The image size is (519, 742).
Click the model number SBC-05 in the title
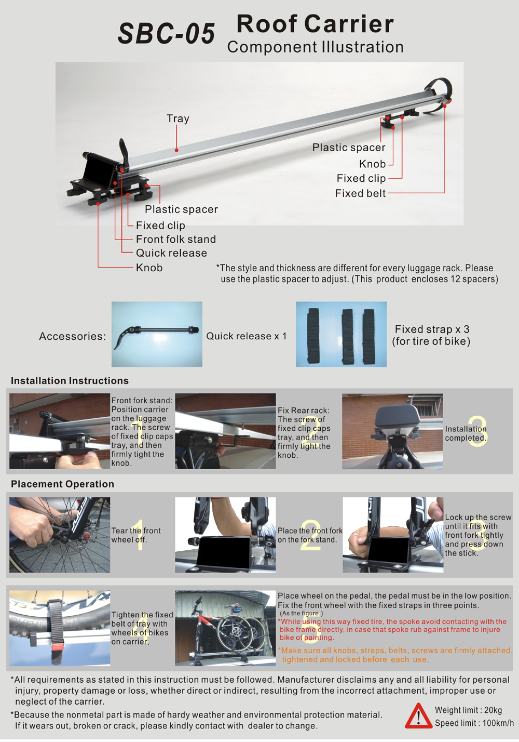pyautogui.click(x=167, y=33)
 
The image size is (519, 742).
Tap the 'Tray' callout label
pyautogui.click(x=178, y=118)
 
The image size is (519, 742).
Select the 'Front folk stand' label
pyautogui.click(x=176, y=239)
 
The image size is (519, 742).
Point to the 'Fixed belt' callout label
pyautogui.click(x=360, y=193)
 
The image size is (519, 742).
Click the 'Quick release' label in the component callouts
pyautogui.click(x=171, y=253)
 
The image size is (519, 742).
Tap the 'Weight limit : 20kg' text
pyautogui.click(x=468, y=710)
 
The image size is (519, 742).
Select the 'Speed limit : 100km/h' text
pyautogui.click(x=474, y=723)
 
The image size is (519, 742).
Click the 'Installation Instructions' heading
pyautogui.click(x=70, y=380)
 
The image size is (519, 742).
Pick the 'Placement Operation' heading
pyautogui.click(x=62, y=484)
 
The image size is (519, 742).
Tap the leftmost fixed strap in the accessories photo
pyautogui.click(x=313, y=336)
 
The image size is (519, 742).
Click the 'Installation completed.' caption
pyautogui.click(x=466, y=433)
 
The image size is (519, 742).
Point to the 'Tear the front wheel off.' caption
pyautogui.click(x=136, y=535)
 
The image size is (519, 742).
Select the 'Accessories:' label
pyautogui.click(x=73, y=336)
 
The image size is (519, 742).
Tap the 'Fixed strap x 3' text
pyautogui.click(x=432, y=329)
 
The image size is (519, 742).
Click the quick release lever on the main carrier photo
pyautogui.click(x=124, y=153)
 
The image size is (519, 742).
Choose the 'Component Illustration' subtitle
pyautogui.click(x=315, y=47)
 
